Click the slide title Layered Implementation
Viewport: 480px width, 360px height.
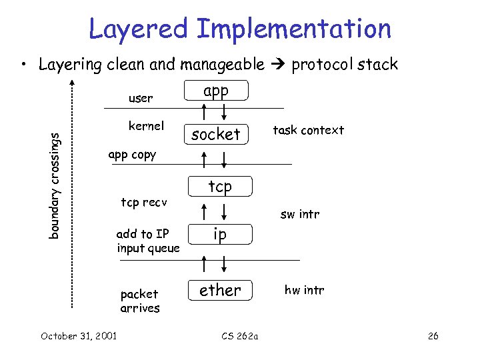click(240, 29)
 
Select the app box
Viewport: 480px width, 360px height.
click(215, 91)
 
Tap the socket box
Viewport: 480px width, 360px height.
click(215, 134)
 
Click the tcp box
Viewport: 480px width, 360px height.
click(220, 187)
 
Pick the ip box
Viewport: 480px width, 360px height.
click(220, 234)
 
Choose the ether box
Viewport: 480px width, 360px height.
click(220, 290)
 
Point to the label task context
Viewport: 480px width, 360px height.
click(309, 130)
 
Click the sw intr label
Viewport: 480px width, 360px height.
click(300, 214)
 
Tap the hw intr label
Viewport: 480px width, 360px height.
click(304, 290)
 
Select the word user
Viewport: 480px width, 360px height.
click(140, 99)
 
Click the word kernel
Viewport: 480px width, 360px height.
click(146, 126)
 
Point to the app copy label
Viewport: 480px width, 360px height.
click(131, 155)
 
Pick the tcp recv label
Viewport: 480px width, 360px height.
click(144, 202)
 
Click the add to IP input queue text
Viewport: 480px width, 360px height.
click(148, 241)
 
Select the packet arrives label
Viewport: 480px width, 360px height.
click(140, 301)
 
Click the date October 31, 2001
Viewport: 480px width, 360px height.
click(79, 335)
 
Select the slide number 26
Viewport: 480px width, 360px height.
click(433, 335)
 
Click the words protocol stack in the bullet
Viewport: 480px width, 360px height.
click(345, 65)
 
